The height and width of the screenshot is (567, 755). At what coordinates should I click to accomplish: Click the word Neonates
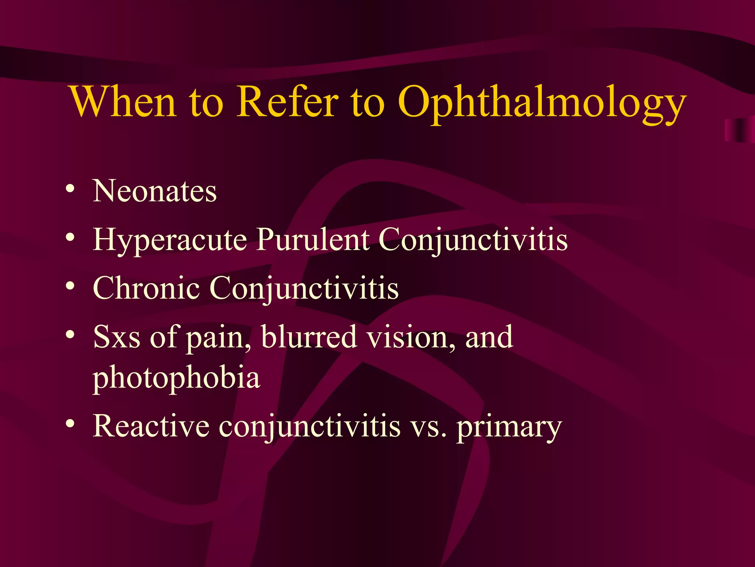click(x=154, y=191)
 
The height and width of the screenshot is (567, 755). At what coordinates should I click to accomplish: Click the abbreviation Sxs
click(x=116, y=337)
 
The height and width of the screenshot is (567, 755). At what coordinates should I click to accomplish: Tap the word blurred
click(x=309, y=336)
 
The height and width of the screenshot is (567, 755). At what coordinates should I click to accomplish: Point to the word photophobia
click(x=176, y=378)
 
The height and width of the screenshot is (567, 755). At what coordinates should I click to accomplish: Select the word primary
click(x=509, y=428)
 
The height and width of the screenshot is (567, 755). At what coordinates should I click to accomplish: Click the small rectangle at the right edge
click(x=739, y=130)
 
